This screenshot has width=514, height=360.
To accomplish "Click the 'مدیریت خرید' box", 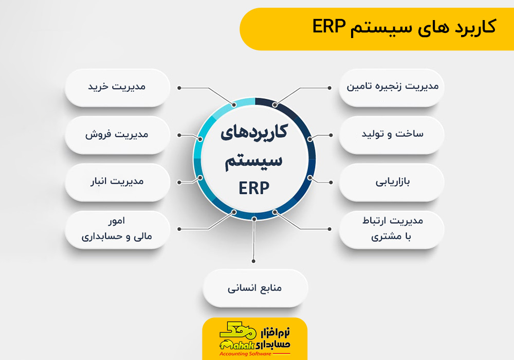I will pos(117,87).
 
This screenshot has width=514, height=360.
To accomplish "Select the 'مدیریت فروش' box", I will pos(117,135).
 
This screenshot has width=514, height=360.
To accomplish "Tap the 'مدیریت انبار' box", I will pos(117,182).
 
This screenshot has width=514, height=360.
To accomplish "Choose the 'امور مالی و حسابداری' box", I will pos(117,229).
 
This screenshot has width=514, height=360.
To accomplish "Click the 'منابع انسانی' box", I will pos(255,289).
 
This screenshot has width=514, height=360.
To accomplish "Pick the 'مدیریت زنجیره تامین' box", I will pos(392,87).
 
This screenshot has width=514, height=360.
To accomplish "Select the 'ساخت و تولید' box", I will pos(392,135).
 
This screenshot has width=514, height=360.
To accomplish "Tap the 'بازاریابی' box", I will pos(392,182).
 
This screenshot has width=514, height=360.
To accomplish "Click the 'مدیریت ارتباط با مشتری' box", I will pos(392,229).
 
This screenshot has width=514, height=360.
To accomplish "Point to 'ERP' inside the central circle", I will pos(254,189).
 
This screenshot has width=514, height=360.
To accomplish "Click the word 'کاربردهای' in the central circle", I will pos(254,133).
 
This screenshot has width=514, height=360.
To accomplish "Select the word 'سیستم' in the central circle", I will pos(254,161).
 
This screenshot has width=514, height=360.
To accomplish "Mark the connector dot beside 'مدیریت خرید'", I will pos(179,88).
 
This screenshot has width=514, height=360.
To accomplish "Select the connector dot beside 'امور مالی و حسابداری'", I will pos(179,229).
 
